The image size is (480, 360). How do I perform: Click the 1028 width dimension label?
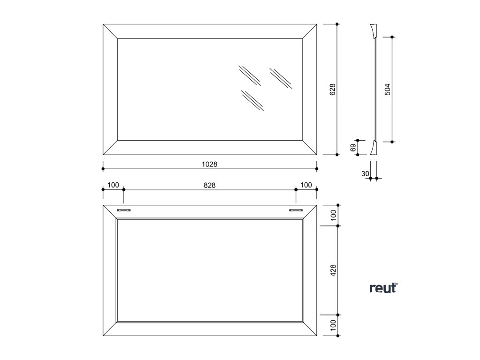coord(210,165)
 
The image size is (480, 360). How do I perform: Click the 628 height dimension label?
coord(332,90)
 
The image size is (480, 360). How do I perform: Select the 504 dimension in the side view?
coord(387,89)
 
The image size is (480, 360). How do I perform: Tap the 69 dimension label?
coord(352,148)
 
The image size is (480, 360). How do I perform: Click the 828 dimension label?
coord(210,185)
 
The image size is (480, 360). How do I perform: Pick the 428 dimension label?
coord(333,270)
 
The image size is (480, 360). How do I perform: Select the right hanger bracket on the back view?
coord(296,210)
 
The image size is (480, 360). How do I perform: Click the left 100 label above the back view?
coord(113,185)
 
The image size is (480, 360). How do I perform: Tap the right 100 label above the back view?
coord(306,185)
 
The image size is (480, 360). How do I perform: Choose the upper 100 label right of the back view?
coord(333,215)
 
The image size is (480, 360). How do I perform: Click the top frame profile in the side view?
coord(374,30)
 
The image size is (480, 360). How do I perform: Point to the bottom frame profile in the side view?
coord(374,148)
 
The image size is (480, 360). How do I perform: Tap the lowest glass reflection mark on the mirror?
coord(252,100)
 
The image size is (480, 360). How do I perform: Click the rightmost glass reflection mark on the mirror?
coord(281,78)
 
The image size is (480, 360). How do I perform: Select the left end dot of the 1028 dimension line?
coord(103,169)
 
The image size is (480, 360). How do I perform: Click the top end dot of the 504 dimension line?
coord(392,37)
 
